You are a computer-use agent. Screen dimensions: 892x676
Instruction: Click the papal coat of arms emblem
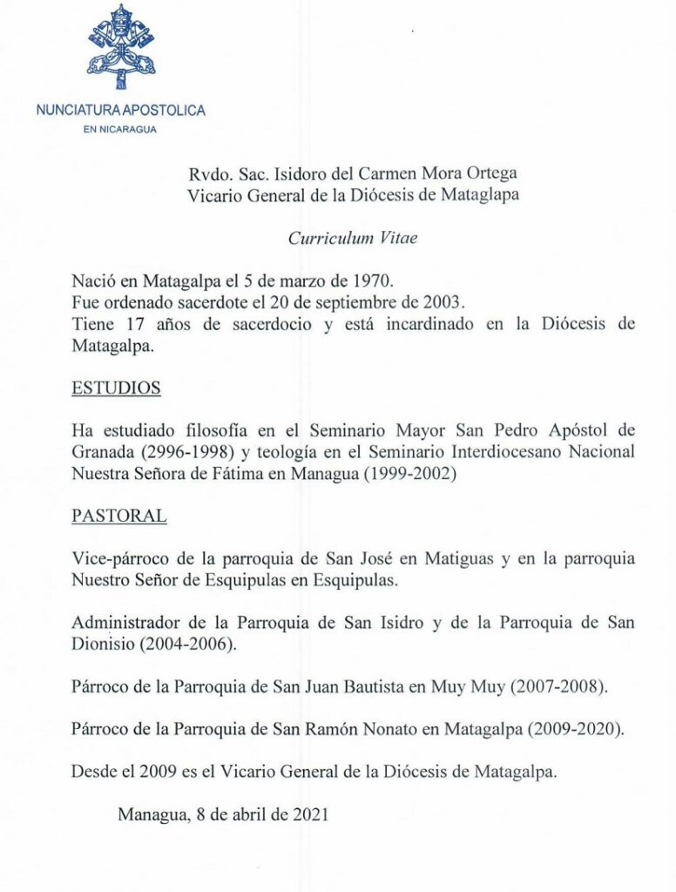(121, 47)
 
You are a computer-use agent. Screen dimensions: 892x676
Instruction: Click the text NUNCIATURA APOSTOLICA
(121, 111)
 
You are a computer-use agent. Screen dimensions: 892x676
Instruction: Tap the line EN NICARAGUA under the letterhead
(121, 130)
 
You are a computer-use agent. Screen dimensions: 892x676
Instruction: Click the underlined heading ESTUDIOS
(116, 389)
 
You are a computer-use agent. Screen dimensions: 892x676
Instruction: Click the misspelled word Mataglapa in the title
(479, 195)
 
